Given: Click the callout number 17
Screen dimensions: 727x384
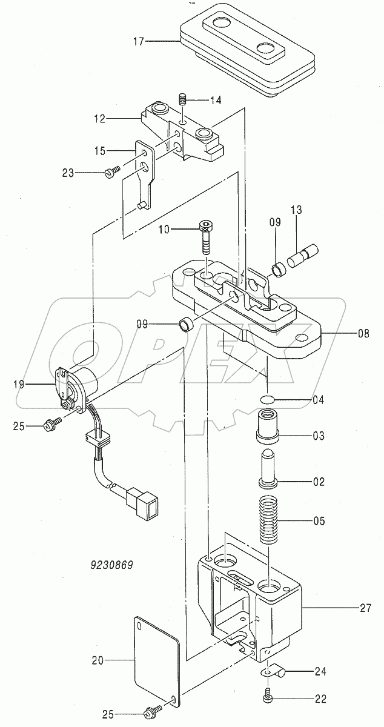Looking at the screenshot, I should pyautogui.click(x=138, y=42).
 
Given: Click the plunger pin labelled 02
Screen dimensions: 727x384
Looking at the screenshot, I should pyautogui.click(x=269, y=467).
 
